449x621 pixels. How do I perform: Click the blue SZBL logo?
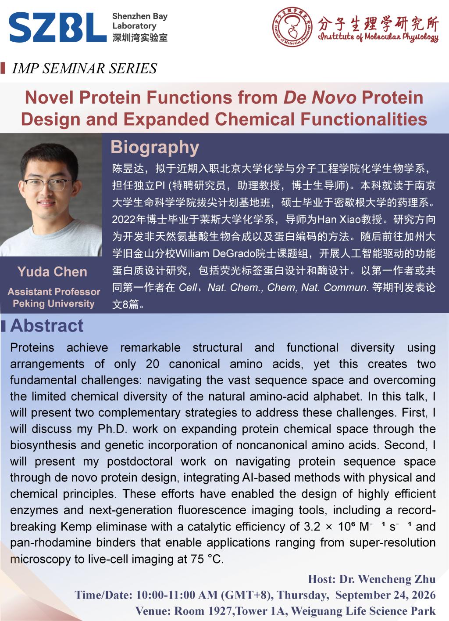coord(57,27)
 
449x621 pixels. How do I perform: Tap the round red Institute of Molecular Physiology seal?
coord(292,27)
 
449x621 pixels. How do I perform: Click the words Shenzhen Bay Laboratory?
coord(140,21)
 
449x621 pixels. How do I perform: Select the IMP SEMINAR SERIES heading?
coord(85,68)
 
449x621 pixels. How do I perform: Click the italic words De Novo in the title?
coord(320,97)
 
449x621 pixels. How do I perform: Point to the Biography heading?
coord(155,147)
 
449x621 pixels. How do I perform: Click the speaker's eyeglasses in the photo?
coord(48,184)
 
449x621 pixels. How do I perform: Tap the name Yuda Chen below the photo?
coord(52,272)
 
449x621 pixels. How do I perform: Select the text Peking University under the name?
coord(53,303)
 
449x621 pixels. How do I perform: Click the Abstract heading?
coord(47,325)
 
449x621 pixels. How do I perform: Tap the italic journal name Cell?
coord(188,288)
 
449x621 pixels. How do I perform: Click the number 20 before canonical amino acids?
coord(153,364)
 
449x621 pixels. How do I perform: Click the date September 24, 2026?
coord(385,595)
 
